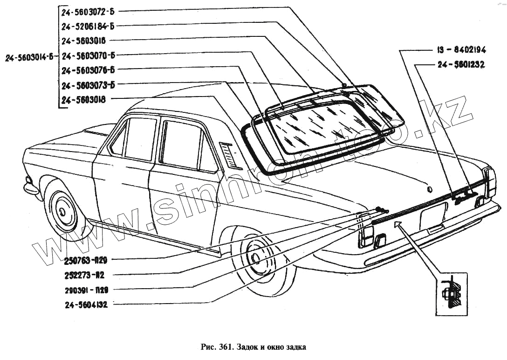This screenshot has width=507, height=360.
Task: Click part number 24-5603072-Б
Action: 88,11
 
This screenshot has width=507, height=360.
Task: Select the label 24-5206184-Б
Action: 88,26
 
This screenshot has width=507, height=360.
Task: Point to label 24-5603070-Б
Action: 88,55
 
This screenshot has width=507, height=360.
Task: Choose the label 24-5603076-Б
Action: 88,70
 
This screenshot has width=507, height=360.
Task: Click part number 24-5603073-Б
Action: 88,85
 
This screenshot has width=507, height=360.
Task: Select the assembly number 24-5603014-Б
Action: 29,58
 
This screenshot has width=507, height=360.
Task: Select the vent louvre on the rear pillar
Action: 231,155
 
